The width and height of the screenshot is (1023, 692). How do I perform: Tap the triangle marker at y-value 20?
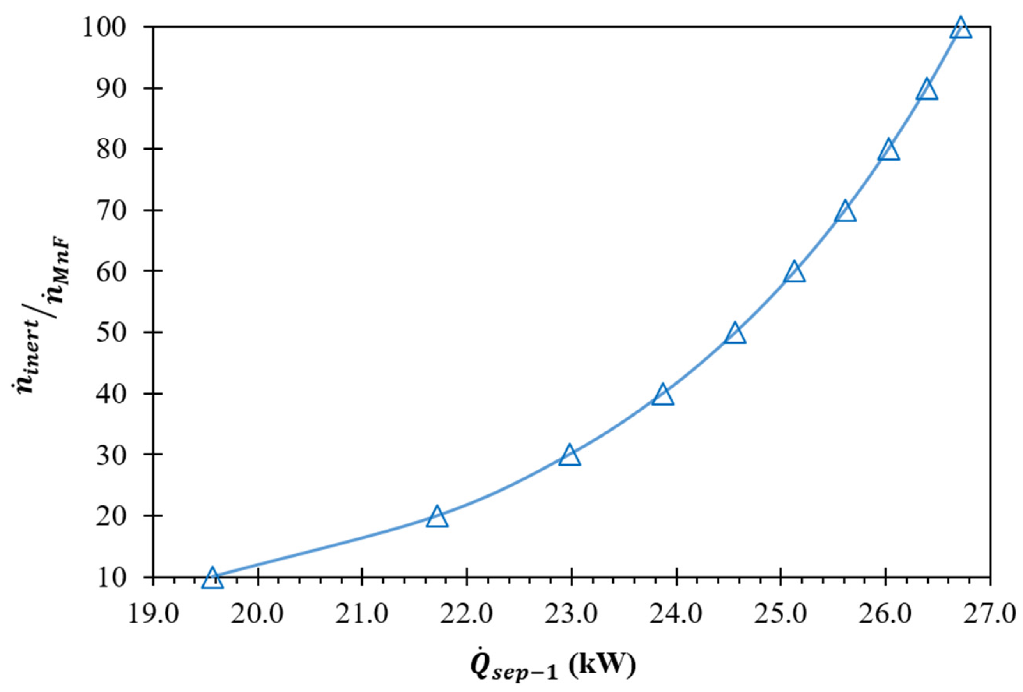click(x=437, y=517)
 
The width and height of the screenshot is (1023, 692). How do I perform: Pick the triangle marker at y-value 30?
click(x=570, y=456)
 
